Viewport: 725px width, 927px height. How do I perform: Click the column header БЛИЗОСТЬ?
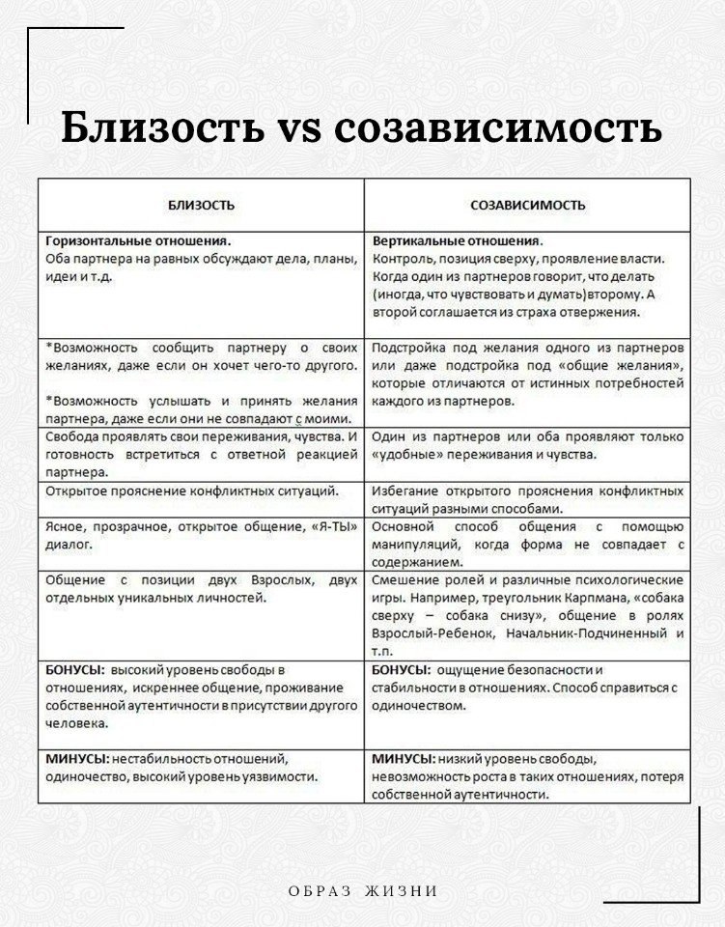[x=201, y=206]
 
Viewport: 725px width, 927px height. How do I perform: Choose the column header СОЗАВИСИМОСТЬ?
[x=527, y=206]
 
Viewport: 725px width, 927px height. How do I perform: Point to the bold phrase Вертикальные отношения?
[x=456, y=242]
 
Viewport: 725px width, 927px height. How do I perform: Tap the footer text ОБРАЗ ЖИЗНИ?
[x=363, y=890]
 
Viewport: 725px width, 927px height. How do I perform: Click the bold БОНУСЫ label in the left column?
[x=75, y=669]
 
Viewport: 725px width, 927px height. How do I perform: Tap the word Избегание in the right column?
[x=405, y=491]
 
